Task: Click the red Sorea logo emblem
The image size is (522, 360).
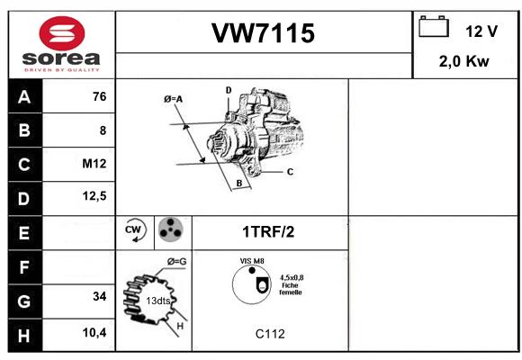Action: pyautogui.click(x=62, y=33)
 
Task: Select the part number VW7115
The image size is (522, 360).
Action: pyautogui.click(x=263, y=33)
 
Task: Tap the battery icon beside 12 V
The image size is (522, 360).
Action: pyautogui.click(x=434, y=27)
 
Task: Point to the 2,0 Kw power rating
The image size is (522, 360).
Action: pyautogui.click(x=464, y=61)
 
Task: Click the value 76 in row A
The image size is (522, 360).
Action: pyautogui.click(x=100, y=96)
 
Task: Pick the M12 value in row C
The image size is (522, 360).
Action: pyautogui.click(x=94, y=164)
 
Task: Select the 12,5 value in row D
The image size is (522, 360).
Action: pyautogui.click(x=94, y=196)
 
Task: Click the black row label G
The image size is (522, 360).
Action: pyautogui.click(x=24, y=301)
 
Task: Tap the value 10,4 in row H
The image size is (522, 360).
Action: pyautogui.click(x=94, y=332)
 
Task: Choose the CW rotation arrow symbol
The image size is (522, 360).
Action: pyautogui.click(x=135, y=229)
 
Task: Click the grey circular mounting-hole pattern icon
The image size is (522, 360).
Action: pyautogui.click(x=170, y=229)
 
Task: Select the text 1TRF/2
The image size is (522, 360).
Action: pyautogui.click(x=268, y=232)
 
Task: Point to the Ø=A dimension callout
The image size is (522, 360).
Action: pyautogui.click(x=173, y=99)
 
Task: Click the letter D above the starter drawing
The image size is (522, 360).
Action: pyautogui.click(x=229, y=90)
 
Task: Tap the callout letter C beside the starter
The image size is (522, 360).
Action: pyautogui.click(x=290, y=172)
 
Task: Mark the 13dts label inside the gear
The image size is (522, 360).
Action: pyautogui.click(x=158, y=301)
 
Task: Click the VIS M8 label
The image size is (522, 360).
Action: pyautogui.click(x=252, y=261)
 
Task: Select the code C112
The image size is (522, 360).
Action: pyautogui.click(x=270, y=334)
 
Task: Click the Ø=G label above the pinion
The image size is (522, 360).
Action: pyautogui.click(x=176, y=261)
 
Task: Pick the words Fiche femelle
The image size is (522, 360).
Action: pyautogui.click(x=291, y=289)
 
